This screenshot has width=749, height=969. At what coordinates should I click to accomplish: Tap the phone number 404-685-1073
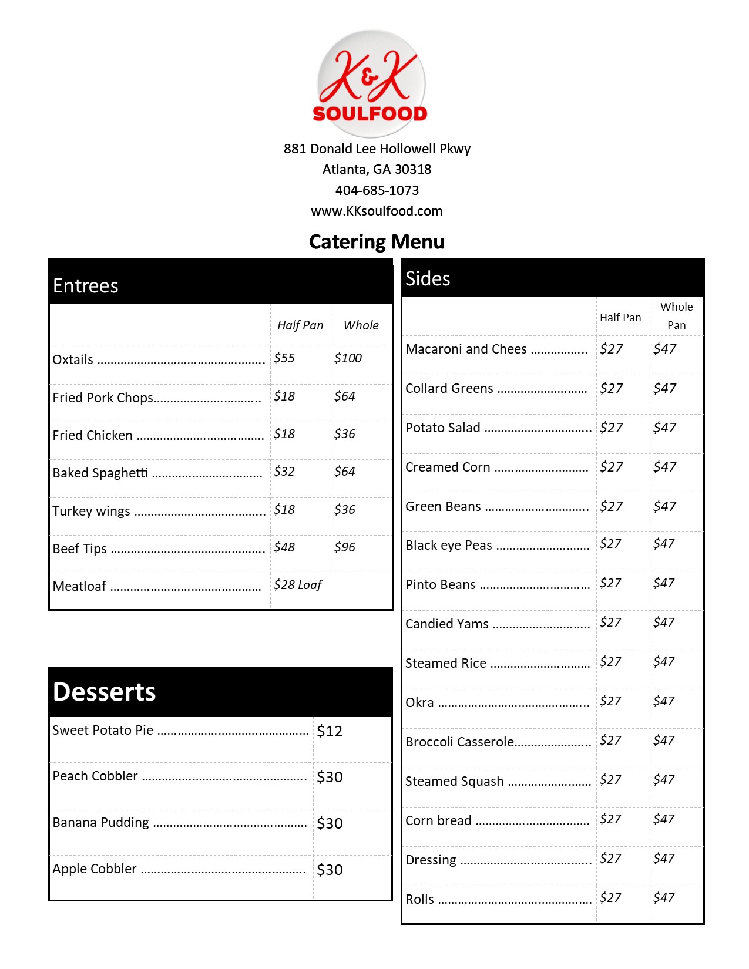tap(377, 190)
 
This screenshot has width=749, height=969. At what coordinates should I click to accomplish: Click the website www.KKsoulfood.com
tap(377, 211)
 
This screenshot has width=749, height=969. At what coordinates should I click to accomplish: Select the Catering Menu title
tap(377, 242)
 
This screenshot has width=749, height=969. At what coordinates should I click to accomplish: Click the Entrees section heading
tap(86, 286)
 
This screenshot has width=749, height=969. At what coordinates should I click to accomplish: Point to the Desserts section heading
tap(105, 692)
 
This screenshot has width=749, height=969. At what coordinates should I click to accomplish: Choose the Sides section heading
tap(428, 279)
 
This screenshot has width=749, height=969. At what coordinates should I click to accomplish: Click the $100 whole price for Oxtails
tap(348, 358)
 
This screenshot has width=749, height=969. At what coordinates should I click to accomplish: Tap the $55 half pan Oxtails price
tap(284, 358)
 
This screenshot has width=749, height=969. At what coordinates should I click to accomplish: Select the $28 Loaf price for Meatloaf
tap(298, 585)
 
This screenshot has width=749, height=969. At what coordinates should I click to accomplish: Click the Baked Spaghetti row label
tap(100, 473)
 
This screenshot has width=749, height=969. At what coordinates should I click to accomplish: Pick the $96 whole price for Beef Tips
tap(345, 547)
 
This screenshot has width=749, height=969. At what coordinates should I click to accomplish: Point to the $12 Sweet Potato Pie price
tap(330, 731)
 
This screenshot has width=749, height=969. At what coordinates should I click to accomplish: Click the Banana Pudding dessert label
tap(101, 823)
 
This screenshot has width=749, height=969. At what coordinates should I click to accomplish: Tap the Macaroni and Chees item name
tap(466, 349)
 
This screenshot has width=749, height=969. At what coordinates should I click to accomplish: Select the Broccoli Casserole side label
tap(460, 742)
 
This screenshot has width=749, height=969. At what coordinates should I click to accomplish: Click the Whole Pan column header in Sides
tap(676, 316)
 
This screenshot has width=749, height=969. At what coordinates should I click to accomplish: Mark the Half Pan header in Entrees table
tap(300, 325)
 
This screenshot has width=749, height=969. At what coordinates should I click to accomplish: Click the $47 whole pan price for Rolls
tap(664, 898)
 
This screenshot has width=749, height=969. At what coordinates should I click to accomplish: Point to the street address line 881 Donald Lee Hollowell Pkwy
tap(377, 149)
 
